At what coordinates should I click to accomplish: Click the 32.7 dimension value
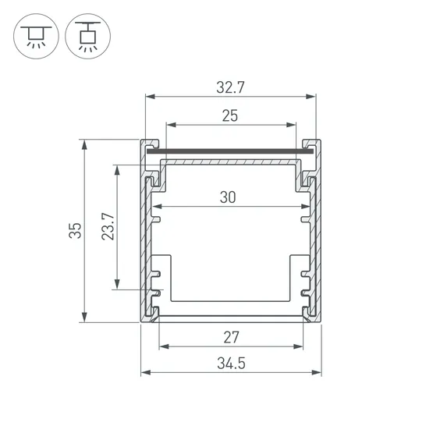(x=230, y=87)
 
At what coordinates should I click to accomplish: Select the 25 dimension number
(x=229, y=115)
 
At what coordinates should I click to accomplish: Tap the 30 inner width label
(x=228, y=197)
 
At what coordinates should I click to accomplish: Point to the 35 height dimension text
(x=75, y=231)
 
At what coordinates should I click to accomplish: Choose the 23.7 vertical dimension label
(x=108, y=226)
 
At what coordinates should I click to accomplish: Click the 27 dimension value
(x=231, y=337)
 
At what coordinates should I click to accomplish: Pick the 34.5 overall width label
(x=231, y=363)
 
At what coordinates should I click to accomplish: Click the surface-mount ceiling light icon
(x=36, y=36)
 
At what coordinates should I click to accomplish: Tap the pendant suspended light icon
(x=88, y=36)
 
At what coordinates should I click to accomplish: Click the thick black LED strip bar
(x=230, y=151)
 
